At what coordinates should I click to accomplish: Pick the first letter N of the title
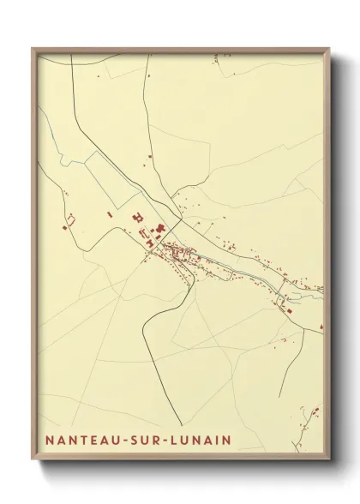click(48, 439)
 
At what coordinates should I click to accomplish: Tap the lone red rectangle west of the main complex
click(110, 213)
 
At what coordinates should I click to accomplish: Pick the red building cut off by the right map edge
click(321, 327)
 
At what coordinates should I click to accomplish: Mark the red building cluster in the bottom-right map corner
click(304, 421)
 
